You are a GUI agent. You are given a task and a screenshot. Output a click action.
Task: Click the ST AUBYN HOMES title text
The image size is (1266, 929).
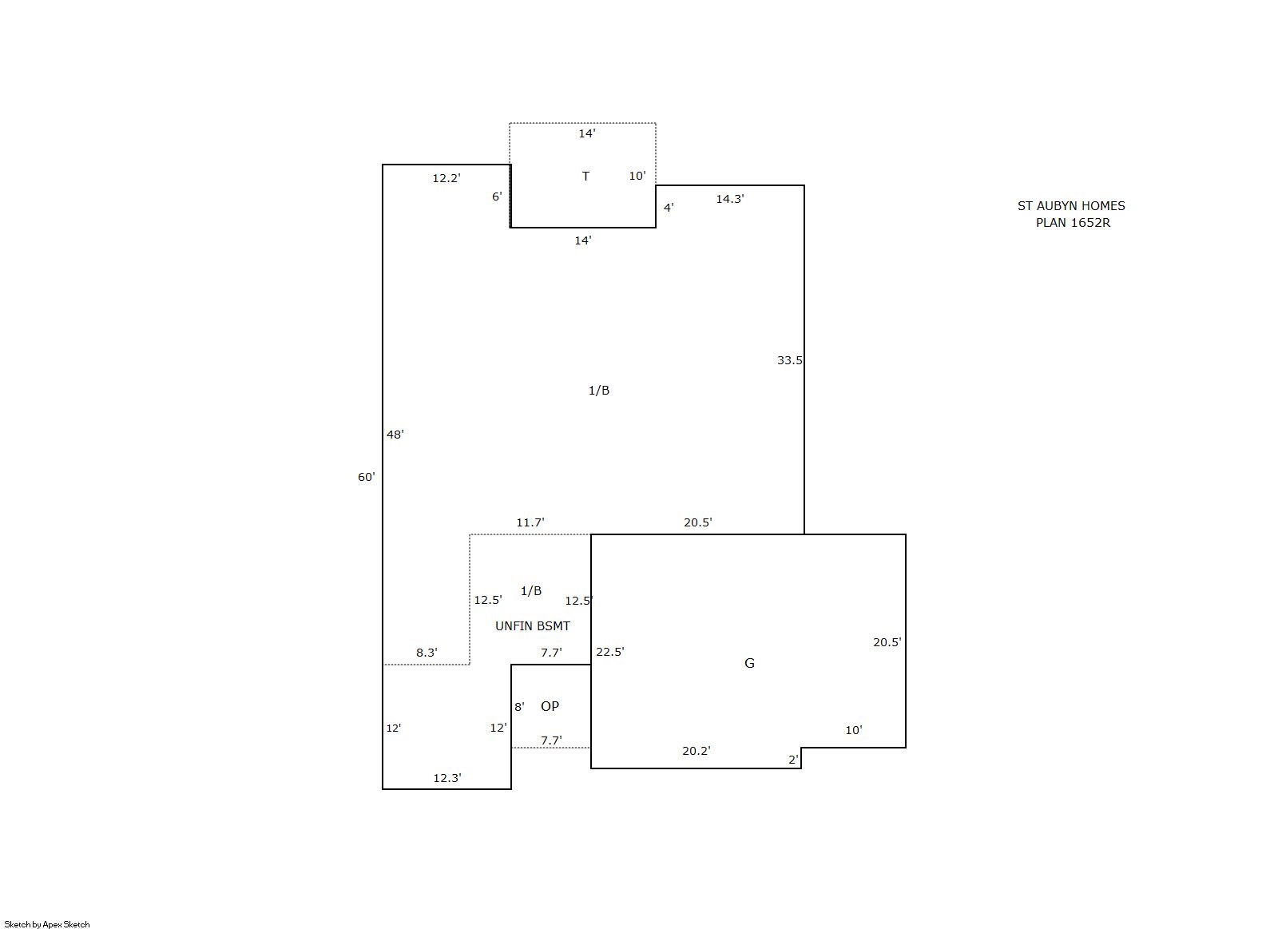coord(1071,206)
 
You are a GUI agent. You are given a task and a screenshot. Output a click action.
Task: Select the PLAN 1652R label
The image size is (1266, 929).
coord(1073,223)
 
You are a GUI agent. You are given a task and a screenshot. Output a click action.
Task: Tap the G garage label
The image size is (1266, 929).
coord(749,663)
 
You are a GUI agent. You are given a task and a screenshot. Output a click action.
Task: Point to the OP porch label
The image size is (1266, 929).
coord(550,706)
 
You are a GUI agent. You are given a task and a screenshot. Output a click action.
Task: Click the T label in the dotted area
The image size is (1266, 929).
coord(585,177)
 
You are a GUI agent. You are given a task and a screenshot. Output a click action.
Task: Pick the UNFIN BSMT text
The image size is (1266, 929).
coord(533,625)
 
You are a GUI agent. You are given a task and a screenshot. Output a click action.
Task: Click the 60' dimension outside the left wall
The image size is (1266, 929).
coord(367,477)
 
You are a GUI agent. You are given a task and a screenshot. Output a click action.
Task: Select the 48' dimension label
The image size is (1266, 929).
coord(395,435)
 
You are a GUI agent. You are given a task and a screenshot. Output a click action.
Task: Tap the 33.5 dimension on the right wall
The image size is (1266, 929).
coord(790,360)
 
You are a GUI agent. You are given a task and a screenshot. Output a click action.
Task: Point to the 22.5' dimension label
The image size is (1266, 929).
coord(609,652)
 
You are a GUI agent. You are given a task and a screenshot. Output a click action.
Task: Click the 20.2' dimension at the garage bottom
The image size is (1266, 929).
coord(696,750)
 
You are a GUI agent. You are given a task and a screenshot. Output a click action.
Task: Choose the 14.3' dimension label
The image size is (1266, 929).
coord(730,198)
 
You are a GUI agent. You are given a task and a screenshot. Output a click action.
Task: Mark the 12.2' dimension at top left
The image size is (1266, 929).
coord(446,178)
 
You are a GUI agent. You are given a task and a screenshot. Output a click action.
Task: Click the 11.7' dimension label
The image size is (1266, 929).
coord(530,522)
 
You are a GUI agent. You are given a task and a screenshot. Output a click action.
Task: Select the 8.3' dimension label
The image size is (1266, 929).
coord(427,652)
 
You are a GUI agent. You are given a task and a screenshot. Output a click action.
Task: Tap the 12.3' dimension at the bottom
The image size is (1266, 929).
coord(447,777)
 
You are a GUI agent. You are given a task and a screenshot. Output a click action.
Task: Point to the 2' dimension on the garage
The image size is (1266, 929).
coord(793,760)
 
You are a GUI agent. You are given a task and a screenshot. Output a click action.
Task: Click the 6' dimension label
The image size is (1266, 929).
coord(497,196)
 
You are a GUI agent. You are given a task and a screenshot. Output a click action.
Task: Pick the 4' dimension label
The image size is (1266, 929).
coord(669,208)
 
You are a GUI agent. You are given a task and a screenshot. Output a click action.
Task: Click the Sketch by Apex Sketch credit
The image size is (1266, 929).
coord(47,924)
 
